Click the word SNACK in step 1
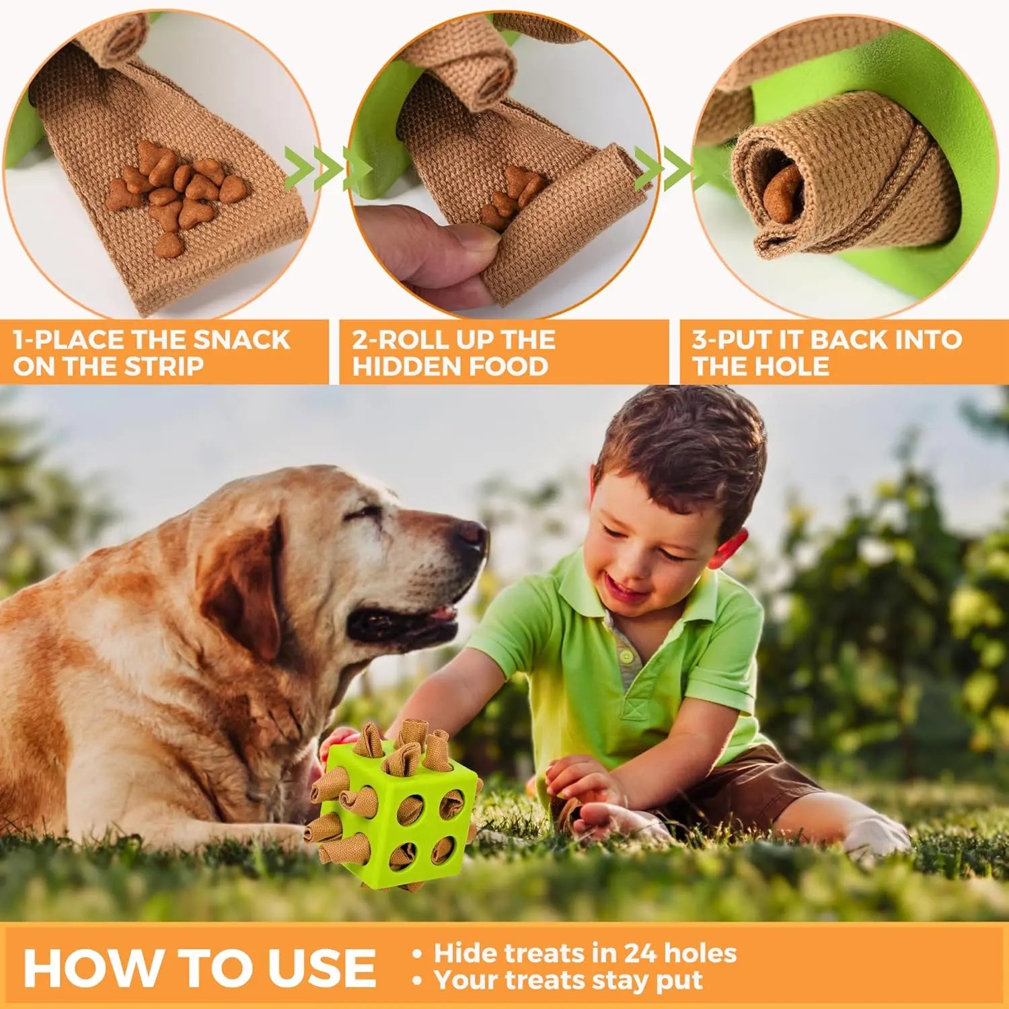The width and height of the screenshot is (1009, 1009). pos(241,340)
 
